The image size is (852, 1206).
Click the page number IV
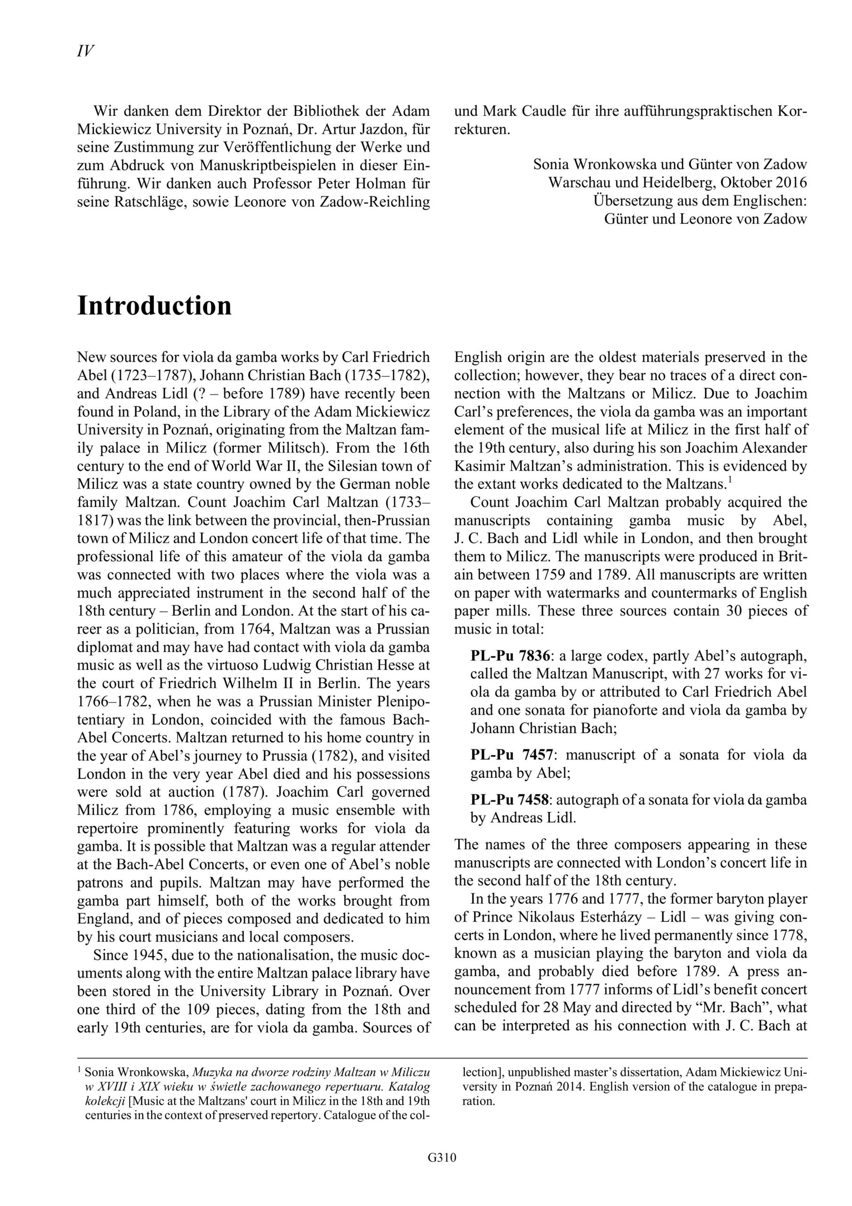tap(86, 51)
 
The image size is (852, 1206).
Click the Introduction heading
tap(154, 305)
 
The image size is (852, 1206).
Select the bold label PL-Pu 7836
tap(510, 656)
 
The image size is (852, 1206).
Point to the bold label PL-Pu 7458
tap(510, 800)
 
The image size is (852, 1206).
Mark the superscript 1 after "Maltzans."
tap(730, 479)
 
